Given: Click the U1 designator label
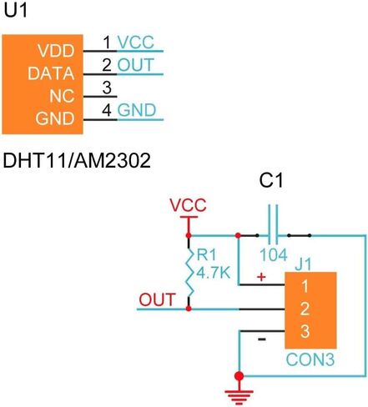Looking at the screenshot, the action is point(16,11).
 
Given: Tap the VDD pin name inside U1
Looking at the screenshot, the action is point(56,51).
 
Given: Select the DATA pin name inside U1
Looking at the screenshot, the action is point(51,73).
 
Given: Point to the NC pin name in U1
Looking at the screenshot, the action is point(62,96).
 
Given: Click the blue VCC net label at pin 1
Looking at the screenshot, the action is point(135,43).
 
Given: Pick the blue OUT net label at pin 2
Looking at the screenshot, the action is point(135,65).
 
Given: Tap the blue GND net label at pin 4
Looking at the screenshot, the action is point(137,110).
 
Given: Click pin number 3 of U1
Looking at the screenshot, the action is point(107,88).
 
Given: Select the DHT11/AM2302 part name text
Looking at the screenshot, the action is point(77,160).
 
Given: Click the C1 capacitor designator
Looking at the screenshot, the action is point(271,180).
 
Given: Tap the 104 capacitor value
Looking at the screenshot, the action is point(274,254).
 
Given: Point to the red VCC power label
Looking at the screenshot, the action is point(189,205).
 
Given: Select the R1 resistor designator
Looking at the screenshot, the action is point(206,254).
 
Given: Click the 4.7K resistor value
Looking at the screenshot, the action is point(214,273).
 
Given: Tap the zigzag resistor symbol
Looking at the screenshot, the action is point(189,273).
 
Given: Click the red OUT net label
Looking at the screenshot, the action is point(157,299).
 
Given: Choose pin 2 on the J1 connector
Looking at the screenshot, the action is point(305,309).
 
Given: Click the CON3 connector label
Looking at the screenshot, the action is point(310,359).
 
